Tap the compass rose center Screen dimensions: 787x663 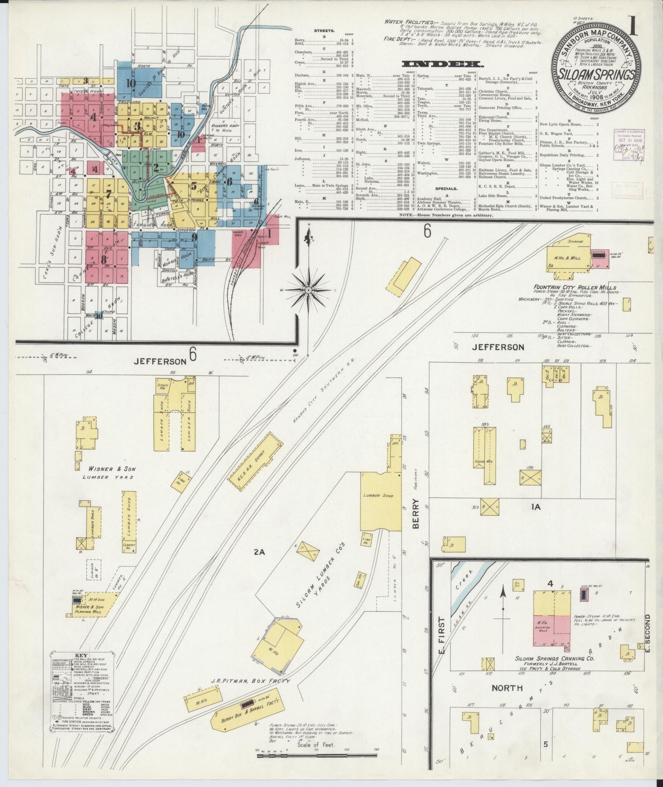pyautogui.click(x=308, y=290)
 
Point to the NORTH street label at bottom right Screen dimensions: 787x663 pyautogui.click(x=507, y=688)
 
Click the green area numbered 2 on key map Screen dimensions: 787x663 pyautogui.click(x=156, y=167)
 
